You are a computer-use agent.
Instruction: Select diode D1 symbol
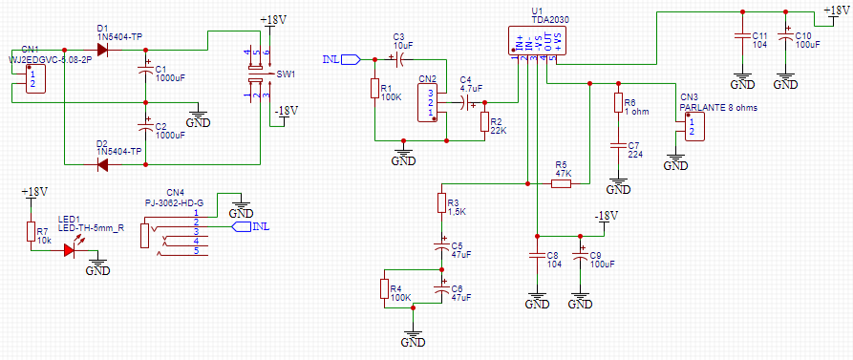pyautogui.click(x=102, y=49)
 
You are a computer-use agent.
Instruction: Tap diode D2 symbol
pyautogui.click(x=102, y=164)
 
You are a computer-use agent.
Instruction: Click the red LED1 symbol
pyautogui.click(x=70, y=250)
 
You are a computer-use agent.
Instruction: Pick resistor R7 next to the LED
pyautogui.click(x=30, y=232)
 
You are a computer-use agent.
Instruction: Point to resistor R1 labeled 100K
pyautogui.click(x=374, y=89)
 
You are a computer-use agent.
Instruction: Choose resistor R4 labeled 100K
pyautogui.click(x=384, y=289)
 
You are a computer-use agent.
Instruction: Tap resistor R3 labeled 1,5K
pyautogui.click(x=441, y=203)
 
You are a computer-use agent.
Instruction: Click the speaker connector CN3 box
pyautogui.click(x=695, y=125)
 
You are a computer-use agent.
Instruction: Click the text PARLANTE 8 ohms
pyautogui.click(x=718, y=108)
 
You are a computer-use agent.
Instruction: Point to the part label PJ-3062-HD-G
pyautogui.click(x=174, y=201)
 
